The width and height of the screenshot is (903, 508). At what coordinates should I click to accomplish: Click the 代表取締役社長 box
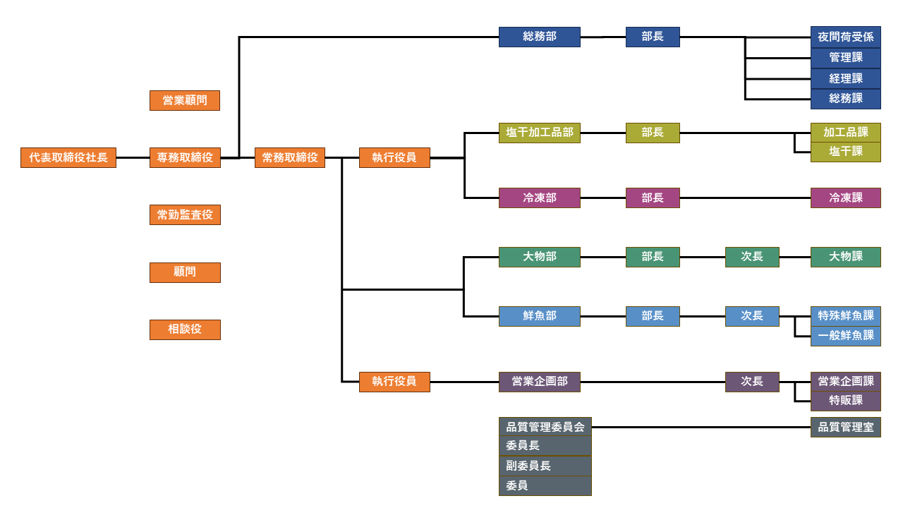tap(68, 157)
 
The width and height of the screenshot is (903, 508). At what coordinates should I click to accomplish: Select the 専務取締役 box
tap(185, 157)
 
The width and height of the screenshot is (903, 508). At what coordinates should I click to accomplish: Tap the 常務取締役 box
tap(290, 157)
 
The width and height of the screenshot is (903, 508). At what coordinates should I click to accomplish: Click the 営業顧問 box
tap(185, 100)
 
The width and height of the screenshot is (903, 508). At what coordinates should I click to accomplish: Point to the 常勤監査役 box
tap(185, 214)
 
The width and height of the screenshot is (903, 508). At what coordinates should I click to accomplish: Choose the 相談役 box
tap(185, 329)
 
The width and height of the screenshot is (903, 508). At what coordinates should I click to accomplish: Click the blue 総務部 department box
tap(540, 37)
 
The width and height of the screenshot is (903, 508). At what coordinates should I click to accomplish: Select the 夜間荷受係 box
tap(846, 37)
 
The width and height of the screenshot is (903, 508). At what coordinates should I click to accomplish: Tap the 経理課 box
tap(846, 78)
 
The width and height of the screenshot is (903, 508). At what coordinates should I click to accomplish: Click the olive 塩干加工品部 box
tap(540, 133)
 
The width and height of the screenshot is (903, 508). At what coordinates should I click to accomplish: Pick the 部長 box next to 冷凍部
tap(653, 198)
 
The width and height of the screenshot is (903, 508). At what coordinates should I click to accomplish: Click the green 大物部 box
tap(540, 257)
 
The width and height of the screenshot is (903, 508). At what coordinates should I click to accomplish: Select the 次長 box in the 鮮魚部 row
tap(752, 316)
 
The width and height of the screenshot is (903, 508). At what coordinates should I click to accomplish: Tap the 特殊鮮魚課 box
tap(846, 316)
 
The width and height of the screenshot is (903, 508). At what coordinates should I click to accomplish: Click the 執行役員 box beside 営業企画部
tap(394, 382)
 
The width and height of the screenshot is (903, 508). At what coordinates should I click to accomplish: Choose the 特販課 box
tap(846, 401)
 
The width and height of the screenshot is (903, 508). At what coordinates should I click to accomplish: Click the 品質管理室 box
tap(846, 427)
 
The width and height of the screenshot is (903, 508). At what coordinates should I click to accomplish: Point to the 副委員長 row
tap(545, 466)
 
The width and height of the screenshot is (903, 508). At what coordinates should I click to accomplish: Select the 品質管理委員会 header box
tap(545, 427)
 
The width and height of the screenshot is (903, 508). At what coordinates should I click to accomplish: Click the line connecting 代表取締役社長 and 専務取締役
tap(133, 157)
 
